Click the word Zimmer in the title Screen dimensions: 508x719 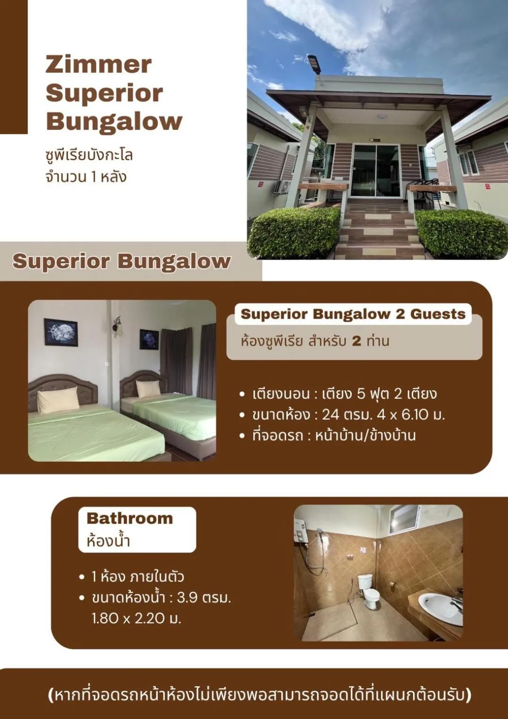99,65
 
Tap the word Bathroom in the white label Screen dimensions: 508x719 129,518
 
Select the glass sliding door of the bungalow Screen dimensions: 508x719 376,171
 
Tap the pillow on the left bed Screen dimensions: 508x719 58,400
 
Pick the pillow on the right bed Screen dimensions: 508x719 148,388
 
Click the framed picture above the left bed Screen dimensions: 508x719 61,333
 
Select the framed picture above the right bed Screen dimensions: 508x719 149,339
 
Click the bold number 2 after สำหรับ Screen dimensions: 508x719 356,341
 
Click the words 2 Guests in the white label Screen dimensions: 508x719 431,314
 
